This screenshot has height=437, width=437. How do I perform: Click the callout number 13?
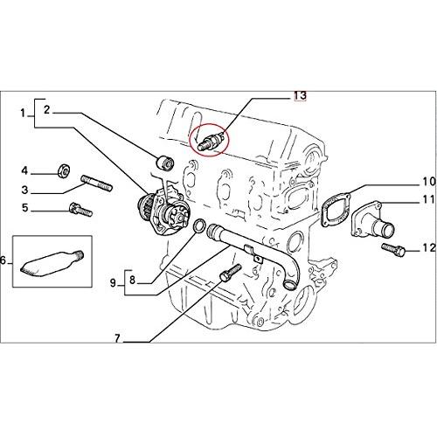click(x=300, y=95)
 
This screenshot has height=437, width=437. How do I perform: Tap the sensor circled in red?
click(x=211, y=141)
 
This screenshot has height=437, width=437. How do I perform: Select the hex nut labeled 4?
click(x=64, y=170)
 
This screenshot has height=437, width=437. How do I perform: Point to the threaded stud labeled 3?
click(x=96, y=183)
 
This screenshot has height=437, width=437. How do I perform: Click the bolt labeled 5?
click(x=80, y=210)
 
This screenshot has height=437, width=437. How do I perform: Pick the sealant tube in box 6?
click(x=52, y=263)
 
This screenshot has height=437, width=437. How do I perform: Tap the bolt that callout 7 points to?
click(x=231, y=273)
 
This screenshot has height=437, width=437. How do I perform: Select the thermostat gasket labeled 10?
click(x=336, y=211)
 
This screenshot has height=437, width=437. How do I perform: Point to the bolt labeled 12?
click(x=393, y=250)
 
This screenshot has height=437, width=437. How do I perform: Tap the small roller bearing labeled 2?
click(x=165, y=163)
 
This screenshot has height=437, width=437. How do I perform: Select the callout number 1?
click(x=24, y=114)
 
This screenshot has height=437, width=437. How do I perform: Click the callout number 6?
click(x=3, y=260)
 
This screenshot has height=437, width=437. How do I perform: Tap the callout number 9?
click(x=113, y=282)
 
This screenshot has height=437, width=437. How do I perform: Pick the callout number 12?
click(x=428, y=248)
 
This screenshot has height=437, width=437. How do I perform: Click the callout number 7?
click(x=117, y=338)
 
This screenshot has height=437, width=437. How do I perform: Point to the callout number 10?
click(x=428, y=182)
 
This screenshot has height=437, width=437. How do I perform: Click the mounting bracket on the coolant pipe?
click(x=253, y=253)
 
